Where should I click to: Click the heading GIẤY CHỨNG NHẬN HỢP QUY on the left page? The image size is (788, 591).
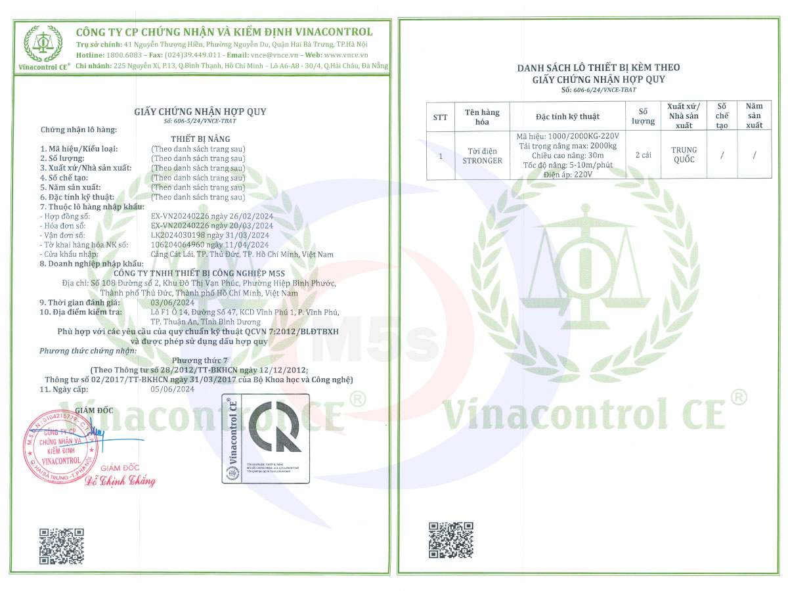tap(200, 112)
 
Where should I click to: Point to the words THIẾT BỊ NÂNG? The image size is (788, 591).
tap(200, 140)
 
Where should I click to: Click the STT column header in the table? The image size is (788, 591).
tap(441, 117)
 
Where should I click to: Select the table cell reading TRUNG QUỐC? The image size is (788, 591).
tap(684, 155)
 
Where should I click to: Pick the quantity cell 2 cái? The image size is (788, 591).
tap(644, 155)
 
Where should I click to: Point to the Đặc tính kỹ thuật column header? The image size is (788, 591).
tap(567, 117)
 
